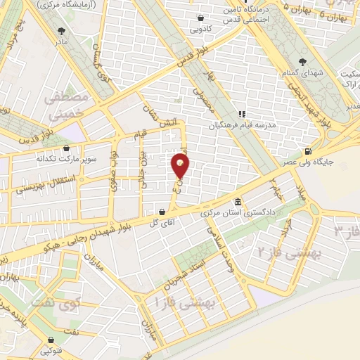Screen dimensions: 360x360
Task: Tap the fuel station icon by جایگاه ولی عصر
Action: [307, 151]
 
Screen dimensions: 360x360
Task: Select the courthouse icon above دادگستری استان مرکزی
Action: [237, 201]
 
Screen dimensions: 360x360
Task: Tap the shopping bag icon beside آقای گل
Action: [162, 212]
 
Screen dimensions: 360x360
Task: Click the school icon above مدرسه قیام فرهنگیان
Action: [241, 114]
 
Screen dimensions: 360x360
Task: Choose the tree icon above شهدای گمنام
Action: [304, 62]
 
